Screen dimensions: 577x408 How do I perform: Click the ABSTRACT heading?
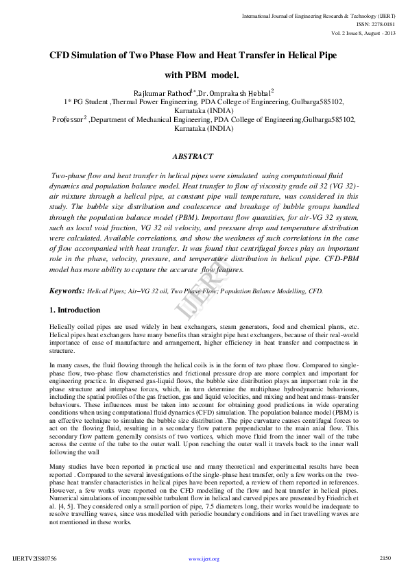pos(193,157)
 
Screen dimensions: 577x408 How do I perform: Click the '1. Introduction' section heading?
pos(75,310)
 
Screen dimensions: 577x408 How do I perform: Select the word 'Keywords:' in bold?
pos(67,291)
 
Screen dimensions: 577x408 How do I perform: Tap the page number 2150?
pos(385,558)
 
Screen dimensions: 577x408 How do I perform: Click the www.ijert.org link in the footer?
pos(204,559)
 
